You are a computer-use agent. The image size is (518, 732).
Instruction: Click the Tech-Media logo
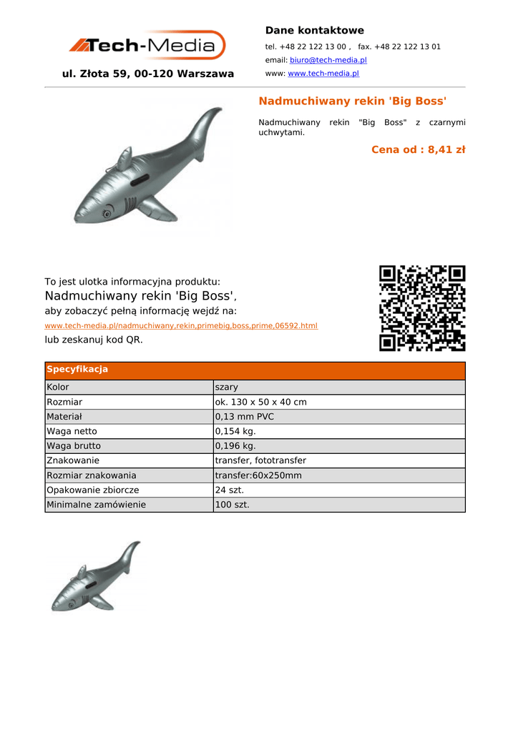click(147, 46)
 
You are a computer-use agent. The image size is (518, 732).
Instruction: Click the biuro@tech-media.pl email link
click(328, 60)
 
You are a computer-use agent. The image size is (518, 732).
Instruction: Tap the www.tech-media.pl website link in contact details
click(323, 74)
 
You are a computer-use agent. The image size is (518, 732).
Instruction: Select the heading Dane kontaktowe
click(314, 31)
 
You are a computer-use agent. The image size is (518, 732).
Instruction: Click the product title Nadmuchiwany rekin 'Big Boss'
click(352, 101)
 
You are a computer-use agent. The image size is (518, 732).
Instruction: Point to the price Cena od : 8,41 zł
click(418, 149)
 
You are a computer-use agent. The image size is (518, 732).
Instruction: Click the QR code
click(422, 308)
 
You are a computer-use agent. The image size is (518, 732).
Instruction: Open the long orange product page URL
click(181, 326)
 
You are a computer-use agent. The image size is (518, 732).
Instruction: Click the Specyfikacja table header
click(77, 370)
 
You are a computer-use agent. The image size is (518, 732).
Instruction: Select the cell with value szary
click(227, 387)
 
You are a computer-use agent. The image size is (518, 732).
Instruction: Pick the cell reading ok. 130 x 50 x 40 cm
click(260, 402)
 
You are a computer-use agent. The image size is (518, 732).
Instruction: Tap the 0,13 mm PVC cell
click(244, 417)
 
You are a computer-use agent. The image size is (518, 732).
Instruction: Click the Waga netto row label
click(72, 432)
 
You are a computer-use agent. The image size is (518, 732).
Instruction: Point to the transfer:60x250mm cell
click(258, 475)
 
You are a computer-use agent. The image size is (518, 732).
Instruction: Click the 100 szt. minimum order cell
click(233, 505)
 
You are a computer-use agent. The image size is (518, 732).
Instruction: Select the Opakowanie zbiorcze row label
click(92, 490)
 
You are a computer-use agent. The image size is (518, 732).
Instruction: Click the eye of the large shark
click(108, 212)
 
